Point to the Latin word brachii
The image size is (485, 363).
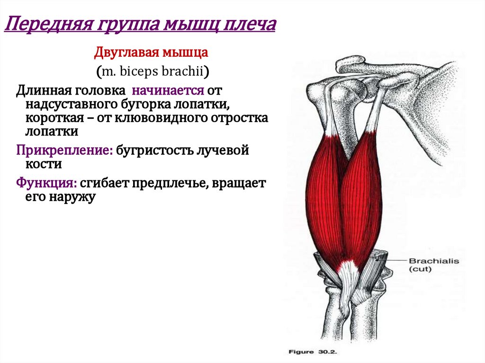(x=185, y=71)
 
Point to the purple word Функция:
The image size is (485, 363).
(x=46, y=183)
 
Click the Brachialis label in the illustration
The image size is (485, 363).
(x=433, y=261)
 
